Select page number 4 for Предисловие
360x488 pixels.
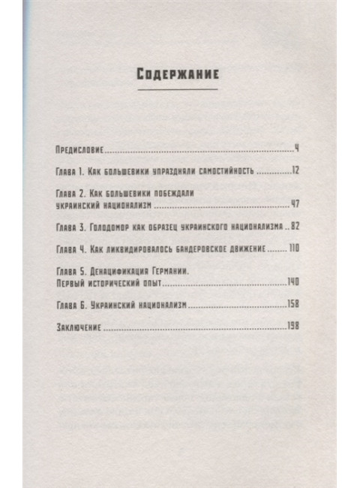[x=297, y=148]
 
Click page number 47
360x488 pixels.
[x=295, y=203]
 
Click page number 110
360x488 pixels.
[x=294, y=249]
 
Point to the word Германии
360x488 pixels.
[x=184, y=271]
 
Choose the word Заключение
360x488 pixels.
[x=79, y=327]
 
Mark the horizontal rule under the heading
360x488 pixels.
[x=178, y=89]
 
